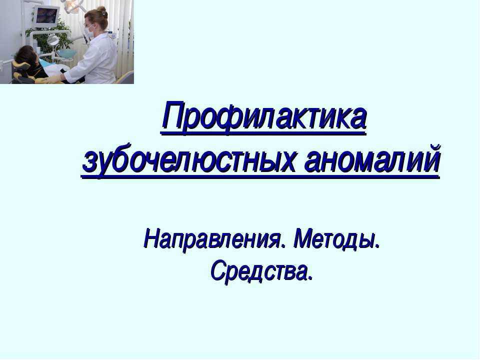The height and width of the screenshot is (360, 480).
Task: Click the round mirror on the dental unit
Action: coord(52,39)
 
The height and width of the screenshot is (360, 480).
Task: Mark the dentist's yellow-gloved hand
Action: coord(54,78)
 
